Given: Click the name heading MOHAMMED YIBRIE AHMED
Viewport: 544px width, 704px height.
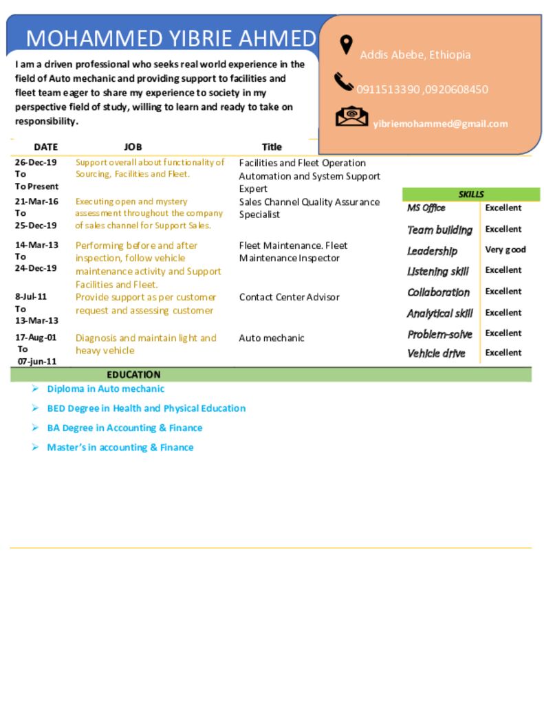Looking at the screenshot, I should click(171, 38).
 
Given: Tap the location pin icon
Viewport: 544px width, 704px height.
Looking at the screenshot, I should click(346, 45).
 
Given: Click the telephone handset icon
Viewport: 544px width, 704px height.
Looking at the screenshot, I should click(344, 82).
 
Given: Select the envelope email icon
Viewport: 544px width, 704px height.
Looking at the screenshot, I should click(351, 116).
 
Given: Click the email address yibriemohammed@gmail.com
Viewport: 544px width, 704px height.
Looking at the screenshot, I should click(440, 124).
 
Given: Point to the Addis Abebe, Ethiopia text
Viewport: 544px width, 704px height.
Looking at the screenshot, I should click(415, 55).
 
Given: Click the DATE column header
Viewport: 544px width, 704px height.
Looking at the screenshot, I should click(46, 146).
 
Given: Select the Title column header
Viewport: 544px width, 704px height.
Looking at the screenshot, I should click(272, 146).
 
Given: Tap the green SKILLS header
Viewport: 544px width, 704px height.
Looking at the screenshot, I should click(471, 195).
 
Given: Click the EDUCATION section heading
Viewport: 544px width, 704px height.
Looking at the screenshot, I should click(133, 375).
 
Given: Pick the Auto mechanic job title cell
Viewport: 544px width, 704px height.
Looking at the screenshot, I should click(271, 338).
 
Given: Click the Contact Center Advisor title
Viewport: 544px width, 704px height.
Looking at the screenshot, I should click(289, 297).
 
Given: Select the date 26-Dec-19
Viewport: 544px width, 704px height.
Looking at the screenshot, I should click(36, 163).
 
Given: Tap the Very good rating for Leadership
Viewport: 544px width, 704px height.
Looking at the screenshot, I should click(505, 250).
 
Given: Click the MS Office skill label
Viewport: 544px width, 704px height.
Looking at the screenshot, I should click(426, 208).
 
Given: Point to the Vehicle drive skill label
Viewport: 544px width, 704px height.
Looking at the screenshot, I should click(436, 353).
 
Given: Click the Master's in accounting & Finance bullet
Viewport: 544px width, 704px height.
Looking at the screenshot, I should click(120, 448).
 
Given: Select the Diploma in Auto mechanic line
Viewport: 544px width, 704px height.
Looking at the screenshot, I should click(105, 388).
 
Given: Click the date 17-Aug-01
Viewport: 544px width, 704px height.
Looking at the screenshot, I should click(36, 338).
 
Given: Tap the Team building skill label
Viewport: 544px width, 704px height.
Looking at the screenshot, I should click(439, 230).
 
